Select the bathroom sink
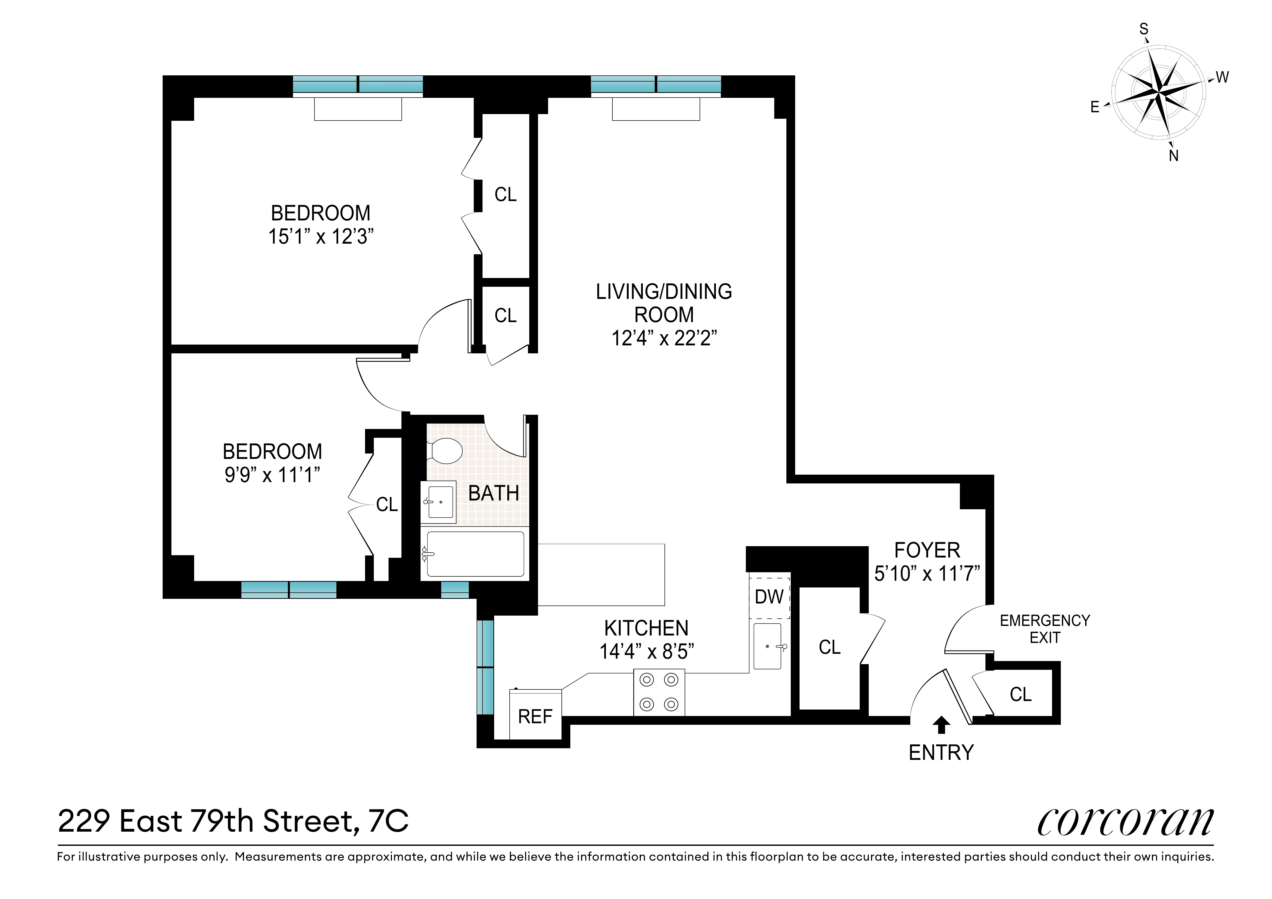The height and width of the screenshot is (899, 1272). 439,502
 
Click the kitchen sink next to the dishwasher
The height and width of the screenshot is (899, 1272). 768,646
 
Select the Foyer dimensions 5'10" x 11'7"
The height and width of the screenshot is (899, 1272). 927,573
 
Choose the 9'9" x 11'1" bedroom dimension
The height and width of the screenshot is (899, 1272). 272,475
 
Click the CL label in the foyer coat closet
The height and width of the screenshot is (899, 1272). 829,647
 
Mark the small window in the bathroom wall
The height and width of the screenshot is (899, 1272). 455,591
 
